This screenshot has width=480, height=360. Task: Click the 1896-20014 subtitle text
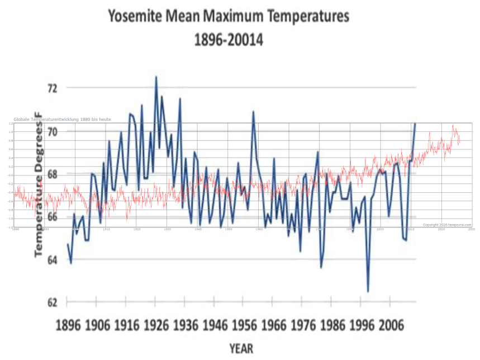click(229, 40)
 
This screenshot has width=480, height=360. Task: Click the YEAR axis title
click(241, 348)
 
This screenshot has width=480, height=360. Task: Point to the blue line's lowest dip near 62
click(368, 291)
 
